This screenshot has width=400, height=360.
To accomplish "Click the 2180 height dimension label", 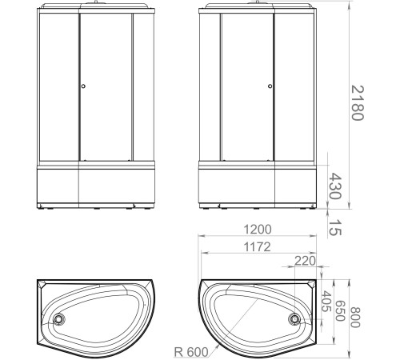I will coord(357,102).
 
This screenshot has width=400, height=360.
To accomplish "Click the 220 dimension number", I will coord(303,260).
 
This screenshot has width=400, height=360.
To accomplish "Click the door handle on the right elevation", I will coord(270,87).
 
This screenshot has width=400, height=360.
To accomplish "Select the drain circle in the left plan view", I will coord(58,318).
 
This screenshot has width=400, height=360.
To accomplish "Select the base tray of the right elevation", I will coord(257,188).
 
